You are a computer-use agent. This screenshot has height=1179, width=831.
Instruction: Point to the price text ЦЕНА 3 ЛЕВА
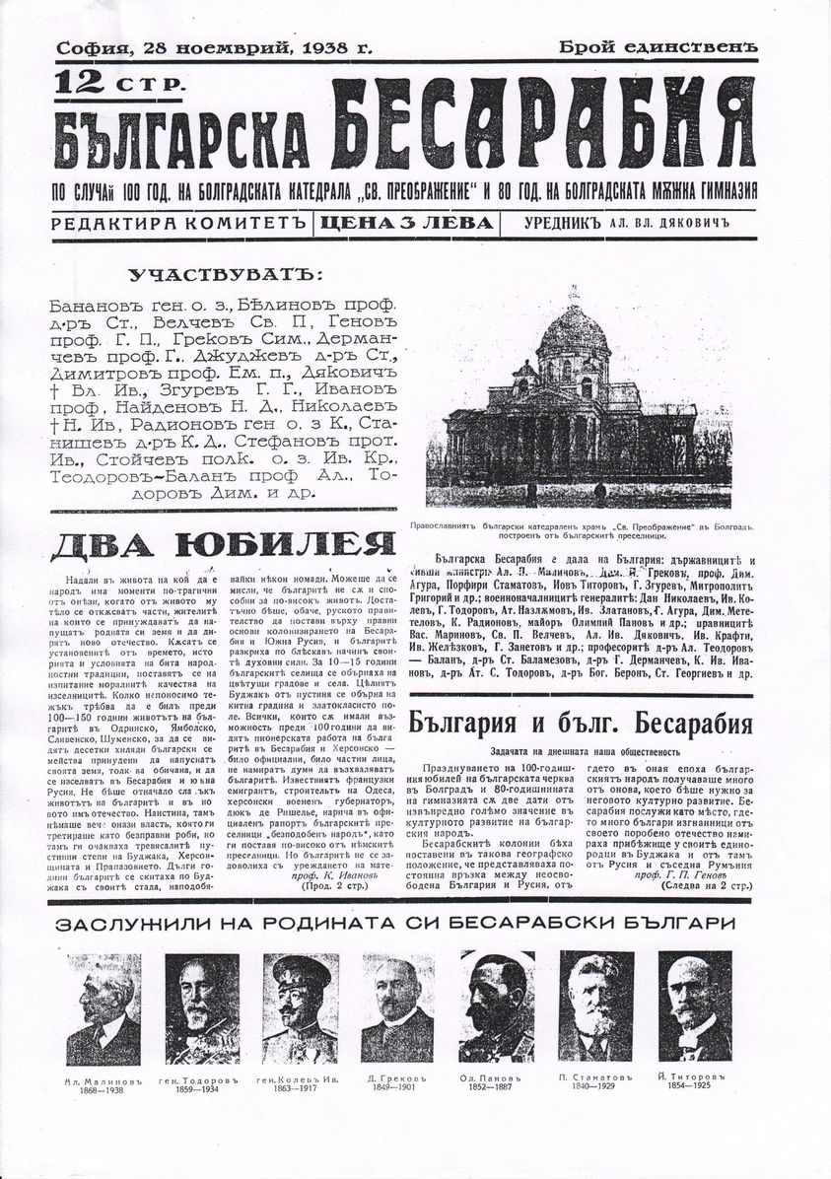click(406, 223)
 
